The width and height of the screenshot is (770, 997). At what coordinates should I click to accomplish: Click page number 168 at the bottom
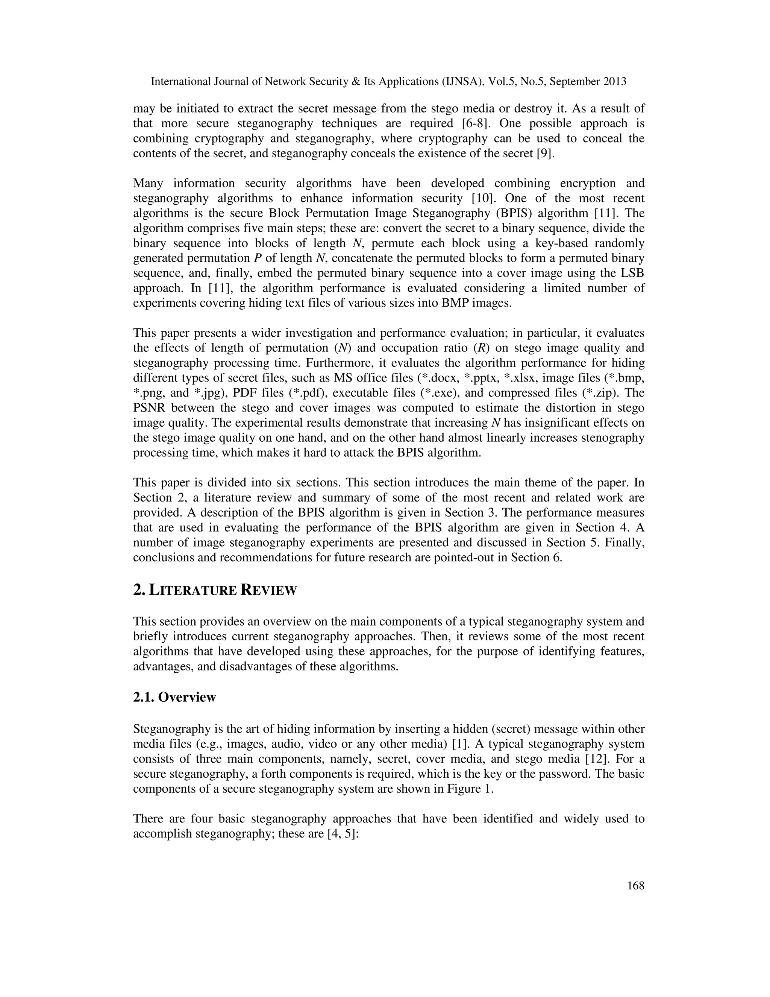coord(635,886)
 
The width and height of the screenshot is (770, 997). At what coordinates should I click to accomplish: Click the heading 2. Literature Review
coord(215,590)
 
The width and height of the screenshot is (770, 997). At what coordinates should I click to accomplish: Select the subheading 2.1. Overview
coord(174,697)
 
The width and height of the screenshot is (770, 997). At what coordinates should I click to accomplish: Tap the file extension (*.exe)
coord(458,392)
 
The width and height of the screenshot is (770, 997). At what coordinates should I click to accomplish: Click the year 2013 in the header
coord(614,82)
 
